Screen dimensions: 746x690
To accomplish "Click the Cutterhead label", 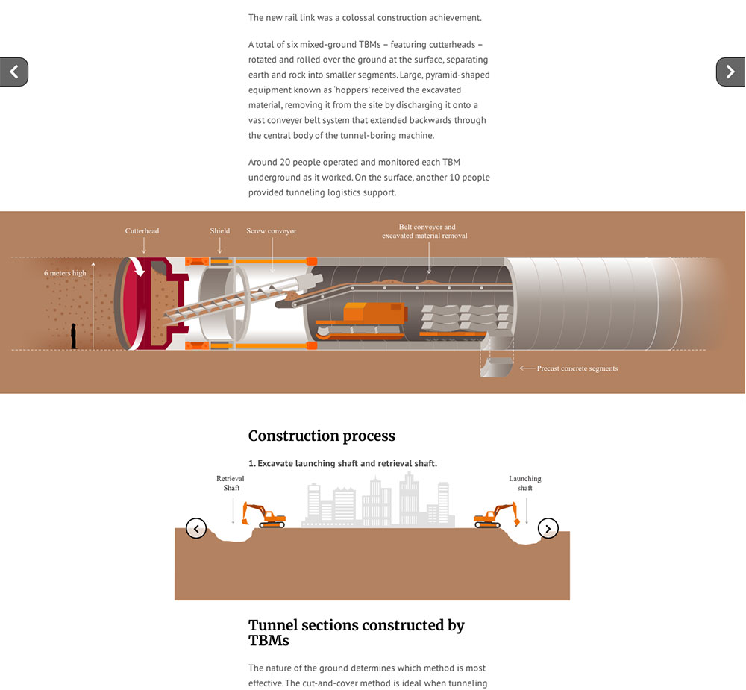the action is [x=142, y=230].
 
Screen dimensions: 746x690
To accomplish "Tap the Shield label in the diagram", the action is [x=220, y=230].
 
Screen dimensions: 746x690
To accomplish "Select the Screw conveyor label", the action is [x=272, y=231].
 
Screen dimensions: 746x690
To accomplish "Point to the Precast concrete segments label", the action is [x=577, y=368].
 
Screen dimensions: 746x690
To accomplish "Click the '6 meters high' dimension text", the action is [x=65, y=273].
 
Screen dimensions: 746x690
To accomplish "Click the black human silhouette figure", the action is [x=73, y=336].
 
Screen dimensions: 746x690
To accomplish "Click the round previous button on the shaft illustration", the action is [x=196, y=528].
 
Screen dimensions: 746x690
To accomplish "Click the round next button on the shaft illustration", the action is [x=548, y=528].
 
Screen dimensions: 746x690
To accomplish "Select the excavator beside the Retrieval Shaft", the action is [x=264, y=515].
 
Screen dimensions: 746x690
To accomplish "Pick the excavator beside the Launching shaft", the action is [x=496, y=515].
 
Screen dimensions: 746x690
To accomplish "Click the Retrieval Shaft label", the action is [x=231, y=483].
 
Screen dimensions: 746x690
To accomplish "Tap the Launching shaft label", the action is [x=524, y=483].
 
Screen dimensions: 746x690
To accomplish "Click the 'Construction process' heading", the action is [x=322, y=436].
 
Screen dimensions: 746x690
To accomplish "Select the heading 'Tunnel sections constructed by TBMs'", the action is [x=357, y=633].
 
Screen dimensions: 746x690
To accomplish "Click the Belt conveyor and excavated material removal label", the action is [x=425, y=231].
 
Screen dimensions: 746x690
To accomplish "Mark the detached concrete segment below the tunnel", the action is [x=496, y=367].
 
